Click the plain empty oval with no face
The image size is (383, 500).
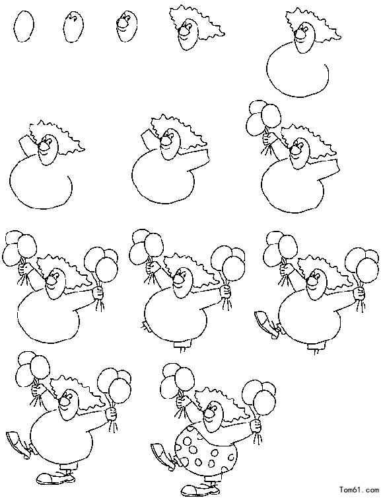tap(24, 26)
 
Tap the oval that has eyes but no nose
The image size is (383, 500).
tap(73, 26)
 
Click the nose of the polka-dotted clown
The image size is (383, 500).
tap(209, 413)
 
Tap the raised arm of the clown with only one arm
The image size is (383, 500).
tap(27, 144)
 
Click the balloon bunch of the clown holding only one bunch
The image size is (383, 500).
tap(264, 116)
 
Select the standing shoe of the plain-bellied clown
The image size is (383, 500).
tap(55, 478)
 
